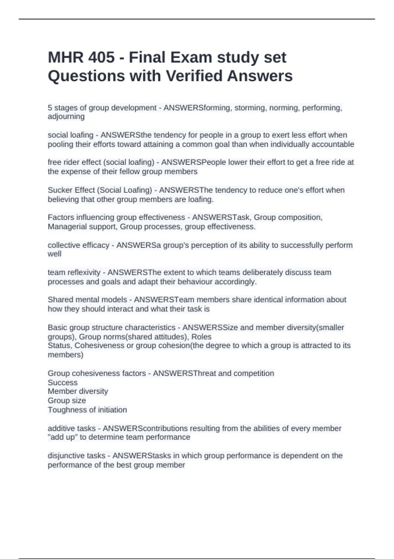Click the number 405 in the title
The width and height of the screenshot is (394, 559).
(x=101, y=58)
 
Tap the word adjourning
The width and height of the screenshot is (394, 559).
(x=66, y=116)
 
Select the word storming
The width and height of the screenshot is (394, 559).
(x=250, y=108)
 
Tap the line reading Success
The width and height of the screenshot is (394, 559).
(x=63, y=383)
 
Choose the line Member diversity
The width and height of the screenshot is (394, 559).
(x=78, y=391)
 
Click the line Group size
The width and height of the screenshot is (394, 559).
(x=67, y=401)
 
